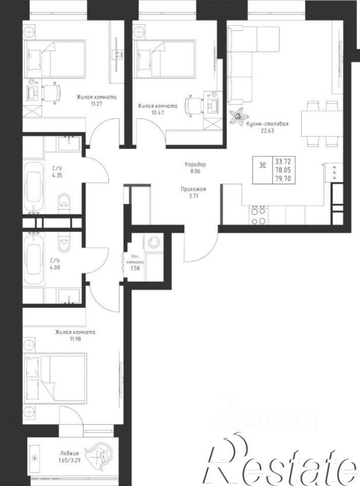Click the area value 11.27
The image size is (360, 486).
tap(96, 104)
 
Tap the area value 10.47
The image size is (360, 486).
tap(158, 113)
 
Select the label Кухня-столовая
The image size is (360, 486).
tap(267, 124)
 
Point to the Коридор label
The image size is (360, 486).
tap(195, 164)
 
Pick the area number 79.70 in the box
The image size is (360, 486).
tap(283, 178)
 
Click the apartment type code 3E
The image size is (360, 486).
tap(263, 165)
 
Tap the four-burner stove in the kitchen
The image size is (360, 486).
tap(258, 215)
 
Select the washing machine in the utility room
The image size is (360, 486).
tap(153, 242)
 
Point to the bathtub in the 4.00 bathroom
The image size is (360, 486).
tap(34, 256)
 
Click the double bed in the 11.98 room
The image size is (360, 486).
tap(55, 381)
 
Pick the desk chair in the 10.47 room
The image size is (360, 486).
tap(194, 104)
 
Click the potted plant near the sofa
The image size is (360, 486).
tap(237, 117)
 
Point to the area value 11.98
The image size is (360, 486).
tap(75, 339)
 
